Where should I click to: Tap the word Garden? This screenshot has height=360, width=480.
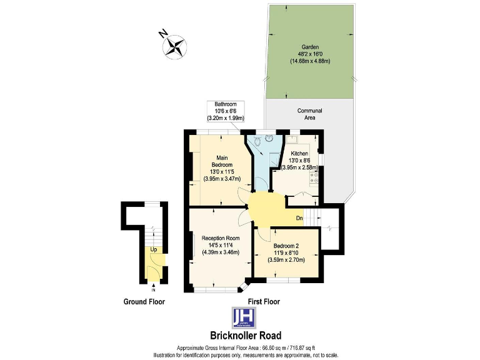(310, 46)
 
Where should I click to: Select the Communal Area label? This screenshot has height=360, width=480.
(310, 114)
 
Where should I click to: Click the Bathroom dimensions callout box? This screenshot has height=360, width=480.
(225, 111)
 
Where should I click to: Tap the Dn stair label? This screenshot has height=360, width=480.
(299, 218)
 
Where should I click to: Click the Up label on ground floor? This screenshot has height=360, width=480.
(153, 249)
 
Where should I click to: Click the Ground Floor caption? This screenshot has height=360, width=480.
(144, 302)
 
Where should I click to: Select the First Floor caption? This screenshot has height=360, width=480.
(264, 301)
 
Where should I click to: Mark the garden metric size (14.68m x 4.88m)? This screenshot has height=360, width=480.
(310, 61)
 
